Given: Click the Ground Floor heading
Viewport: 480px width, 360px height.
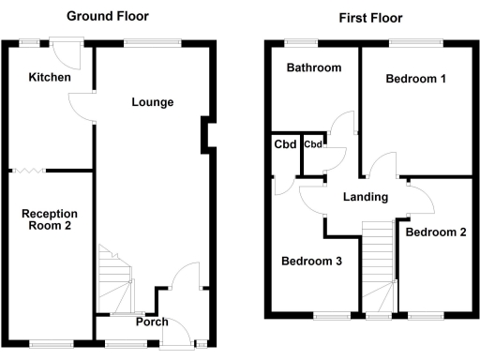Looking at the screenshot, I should tap(107, 16).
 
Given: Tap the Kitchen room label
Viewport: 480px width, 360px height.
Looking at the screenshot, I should tap(49, 78).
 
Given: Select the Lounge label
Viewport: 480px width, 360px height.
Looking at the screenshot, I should tap(151, 102).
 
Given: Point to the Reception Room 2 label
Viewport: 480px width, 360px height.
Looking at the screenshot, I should tap(50, 219).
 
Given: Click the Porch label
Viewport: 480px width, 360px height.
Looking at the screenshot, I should tap(152, 322).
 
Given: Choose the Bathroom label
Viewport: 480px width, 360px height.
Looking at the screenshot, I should tap(314, 68).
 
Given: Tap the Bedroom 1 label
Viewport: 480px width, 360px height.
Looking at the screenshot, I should tap(415, 80).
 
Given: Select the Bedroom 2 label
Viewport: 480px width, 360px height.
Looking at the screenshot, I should tap(436, 232).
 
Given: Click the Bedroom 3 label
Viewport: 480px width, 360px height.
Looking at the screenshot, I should tap(311, 262).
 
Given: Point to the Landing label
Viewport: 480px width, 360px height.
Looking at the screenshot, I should tap(365, 197).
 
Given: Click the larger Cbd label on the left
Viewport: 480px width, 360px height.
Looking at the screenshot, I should tap(285, 144).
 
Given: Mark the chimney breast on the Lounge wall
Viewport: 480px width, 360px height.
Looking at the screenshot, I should tap(205, 136).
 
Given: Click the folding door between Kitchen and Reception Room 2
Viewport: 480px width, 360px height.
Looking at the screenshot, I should tap(27, 170).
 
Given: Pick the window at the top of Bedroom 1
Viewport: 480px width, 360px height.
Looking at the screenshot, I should tap(415, 41).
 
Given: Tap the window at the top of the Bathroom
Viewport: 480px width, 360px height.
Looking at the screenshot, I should tap(301, 41).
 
